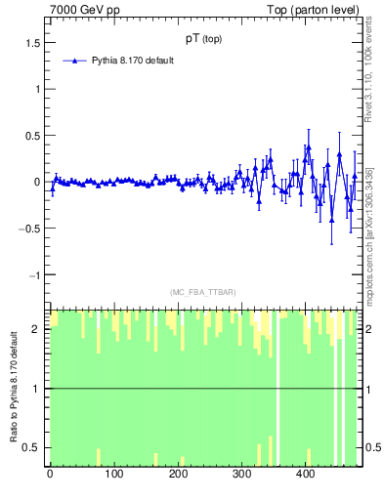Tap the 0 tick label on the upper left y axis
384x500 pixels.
click(38, 183)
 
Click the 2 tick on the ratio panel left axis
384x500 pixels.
click(38, 329)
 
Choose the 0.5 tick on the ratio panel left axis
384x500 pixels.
click(33, 447)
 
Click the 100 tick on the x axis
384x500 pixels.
click(113, 476)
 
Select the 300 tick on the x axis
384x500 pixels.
click(241, 476)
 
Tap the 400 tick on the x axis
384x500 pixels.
click(305, 476)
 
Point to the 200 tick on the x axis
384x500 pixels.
click(177, 476)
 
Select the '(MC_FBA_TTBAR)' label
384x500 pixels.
click(202, 293)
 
